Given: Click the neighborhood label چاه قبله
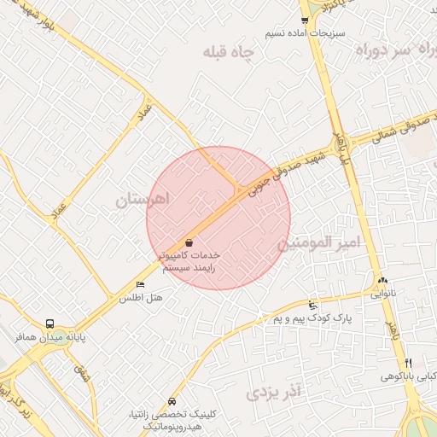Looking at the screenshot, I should coord(230,53).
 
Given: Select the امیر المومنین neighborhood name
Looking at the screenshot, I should coord(318,243).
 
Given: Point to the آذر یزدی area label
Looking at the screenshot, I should coord(276,393).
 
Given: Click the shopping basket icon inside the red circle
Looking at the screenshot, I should coord(189,242).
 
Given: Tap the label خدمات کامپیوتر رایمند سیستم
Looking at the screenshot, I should coord(189,261).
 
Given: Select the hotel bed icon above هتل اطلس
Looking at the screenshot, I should coord(141,284).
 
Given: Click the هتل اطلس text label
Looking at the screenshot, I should coord(141,297).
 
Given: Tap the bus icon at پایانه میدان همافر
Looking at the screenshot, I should coord(50,324).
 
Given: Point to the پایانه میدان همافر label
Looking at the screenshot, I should coord(50,338).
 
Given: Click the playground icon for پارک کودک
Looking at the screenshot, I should coord(313,305).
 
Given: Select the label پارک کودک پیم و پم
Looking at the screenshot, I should coord(313,318).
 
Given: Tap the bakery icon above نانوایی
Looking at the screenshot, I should coord(382,280).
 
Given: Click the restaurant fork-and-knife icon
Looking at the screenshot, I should coord(408,363).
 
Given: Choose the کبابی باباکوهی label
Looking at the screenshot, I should coord(408,376).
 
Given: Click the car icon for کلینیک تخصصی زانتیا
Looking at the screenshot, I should coord(173,401).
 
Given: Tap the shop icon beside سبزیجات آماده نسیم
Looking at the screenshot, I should coord(305,20).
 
